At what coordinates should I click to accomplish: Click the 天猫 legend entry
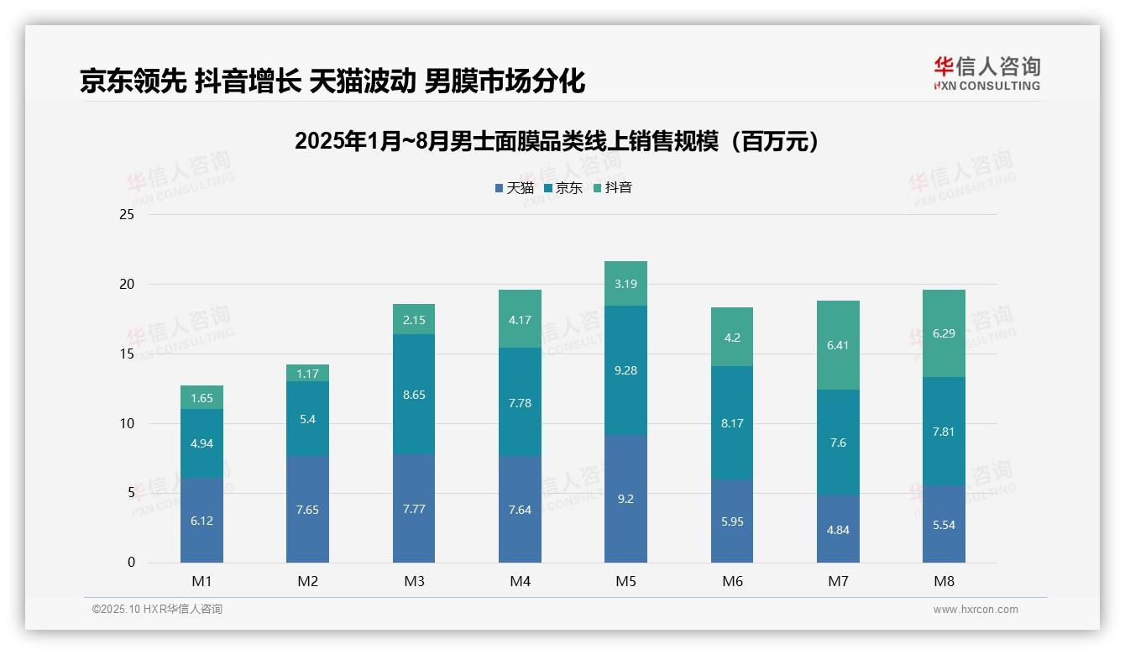[x=515, y=188]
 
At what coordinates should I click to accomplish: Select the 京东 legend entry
[x=563, y=188]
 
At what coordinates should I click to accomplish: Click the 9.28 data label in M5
[x=625, y=370]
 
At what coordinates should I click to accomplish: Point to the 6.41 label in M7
[x=838, y=345]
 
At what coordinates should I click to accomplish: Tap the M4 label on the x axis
[x=520, y=581]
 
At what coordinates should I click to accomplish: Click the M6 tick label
[x=732, y=581]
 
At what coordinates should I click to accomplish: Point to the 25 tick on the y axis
[x=127, y=215]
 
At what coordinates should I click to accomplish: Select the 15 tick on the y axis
[x=127, y=354]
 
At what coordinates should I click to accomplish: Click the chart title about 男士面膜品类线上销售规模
[x=557, y=141]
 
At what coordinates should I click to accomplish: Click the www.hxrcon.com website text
[x=976, y=610]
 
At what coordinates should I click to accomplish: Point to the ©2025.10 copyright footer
[x=157, y=610]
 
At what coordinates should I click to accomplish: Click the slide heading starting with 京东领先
[x=332, y=81]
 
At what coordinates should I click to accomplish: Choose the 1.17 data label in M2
[x=308, y=374]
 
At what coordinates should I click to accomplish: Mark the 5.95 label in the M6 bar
[x=732, y=521]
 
